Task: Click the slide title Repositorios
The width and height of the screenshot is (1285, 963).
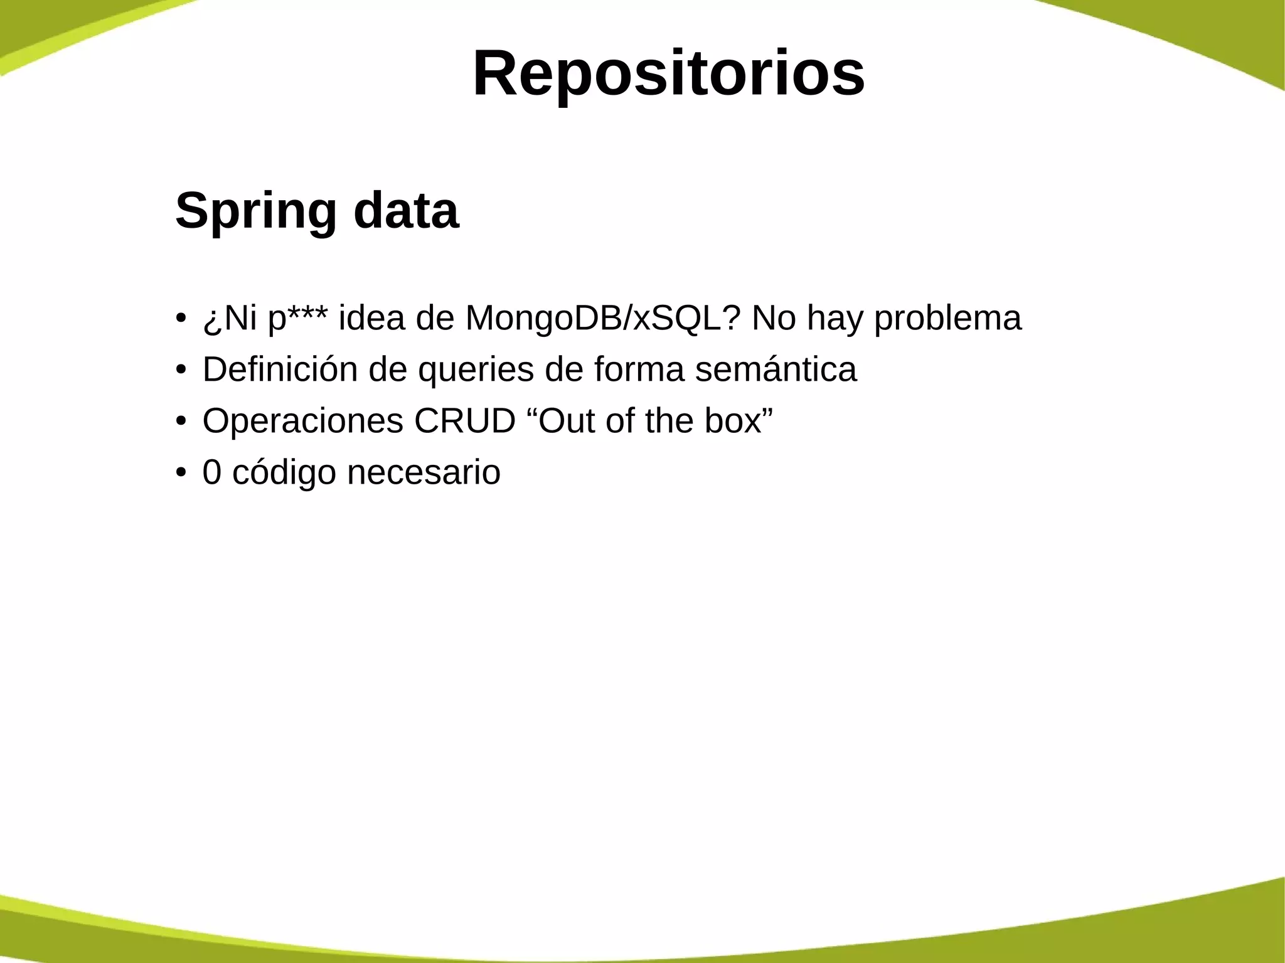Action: coord(668,74)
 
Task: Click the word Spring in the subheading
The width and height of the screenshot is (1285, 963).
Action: coord(256,211)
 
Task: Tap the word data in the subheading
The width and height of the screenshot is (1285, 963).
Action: coord(406,211)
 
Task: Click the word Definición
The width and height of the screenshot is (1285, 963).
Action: coord(280,370)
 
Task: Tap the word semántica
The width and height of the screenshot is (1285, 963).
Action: coord(776,370)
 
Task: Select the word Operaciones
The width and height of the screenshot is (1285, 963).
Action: coord(302,421)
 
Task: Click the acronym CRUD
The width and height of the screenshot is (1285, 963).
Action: coord(464,421)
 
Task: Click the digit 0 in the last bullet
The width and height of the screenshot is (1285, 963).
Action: coord(212,472)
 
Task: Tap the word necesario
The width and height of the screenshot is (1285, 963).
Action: coord(424,472)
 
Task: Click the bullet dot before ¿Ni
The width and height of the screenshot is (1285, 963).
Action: coord(181,317)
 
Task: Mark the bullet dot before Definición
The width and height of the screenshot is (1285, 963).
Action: coord(181,368)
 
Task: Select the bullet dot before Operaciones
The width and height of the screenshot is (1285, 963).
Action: coord(181,420)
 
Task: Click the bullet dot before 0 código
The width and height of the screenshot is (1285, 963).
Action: coord(181,471)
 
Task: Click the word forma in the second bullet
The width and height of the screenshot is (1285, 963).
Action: coord(639,370)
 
